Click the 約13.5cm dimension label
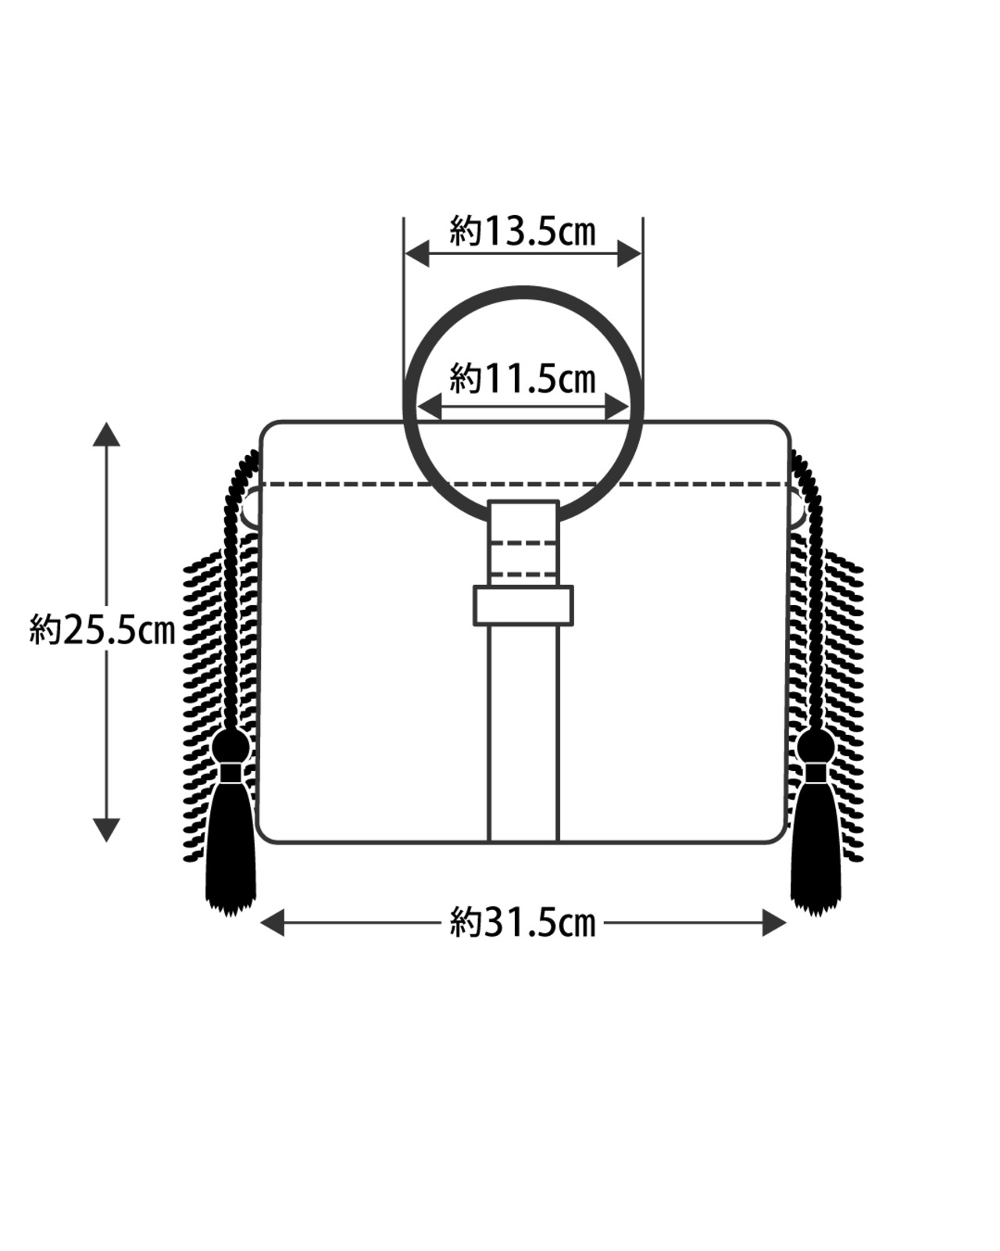coord(523,231)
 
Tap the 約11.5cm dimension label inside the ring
coord(523,379)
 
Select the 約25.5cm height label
coord(102,630)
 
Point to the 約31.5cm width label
coord(523,923)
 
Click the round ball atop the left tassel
coord(231,747)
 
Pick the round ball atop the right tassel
coord(816,747)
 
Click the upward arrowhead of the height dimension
coord(106,434)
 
